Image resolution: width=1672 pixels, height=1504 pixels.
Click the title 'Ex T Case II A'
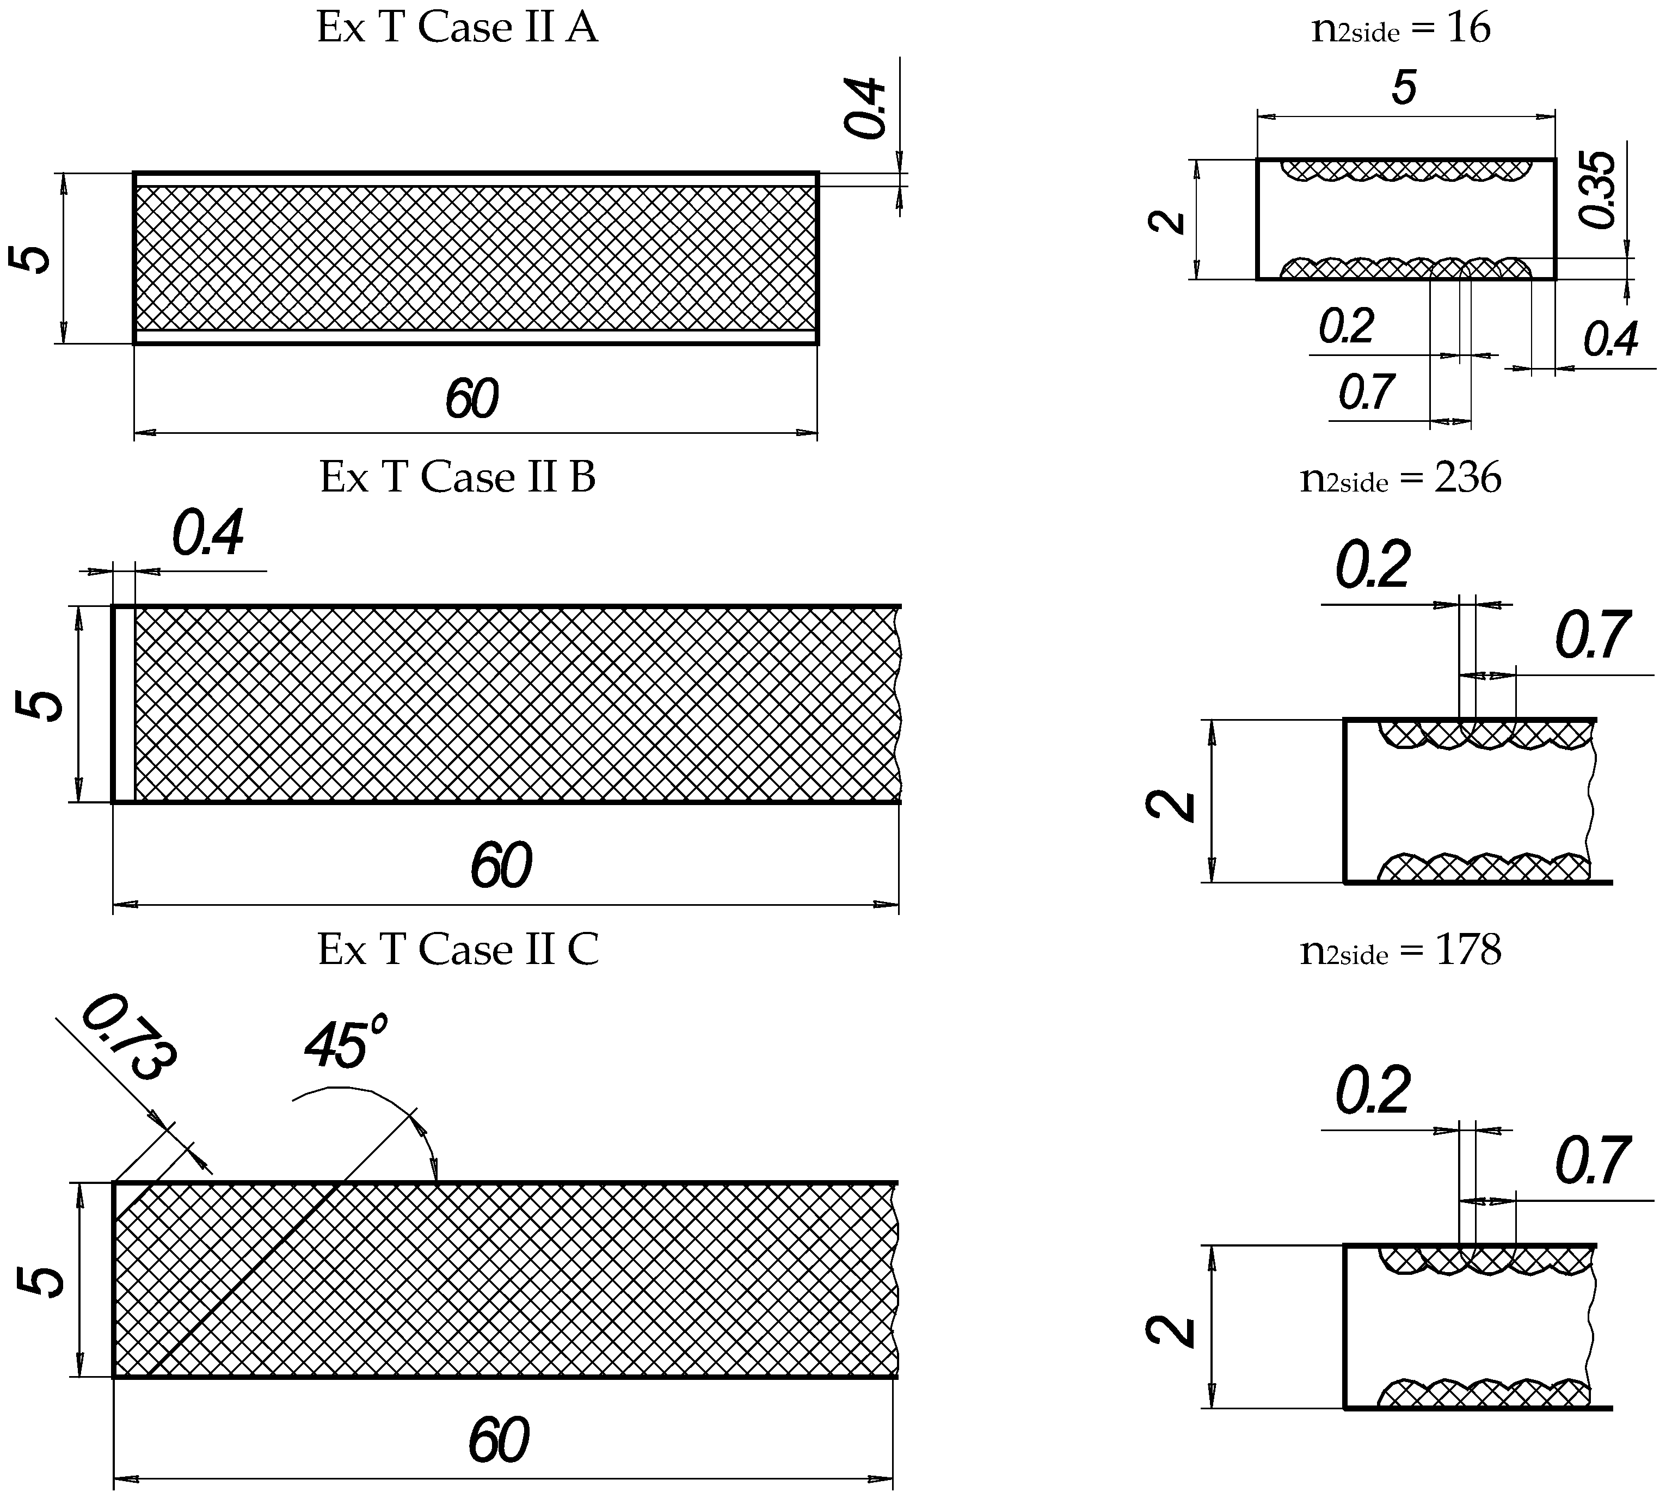[457, 28]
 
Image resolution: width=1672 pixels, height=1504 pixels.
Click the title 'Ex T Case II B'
[457, 477]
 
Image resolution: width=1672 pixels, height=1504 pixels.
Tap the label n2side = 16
[1401, 29]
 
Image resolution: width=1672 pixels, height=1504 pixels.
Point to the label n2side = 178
[1401, 951]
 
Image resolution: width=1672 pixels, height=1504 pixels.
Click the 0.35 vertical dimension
[1597, 189]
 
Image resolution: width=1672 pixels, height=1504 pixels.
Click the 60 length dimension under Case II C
[498, 1440]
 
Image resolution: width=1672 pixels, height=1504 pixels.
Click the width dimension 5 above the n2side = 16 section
[1404, 88]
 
